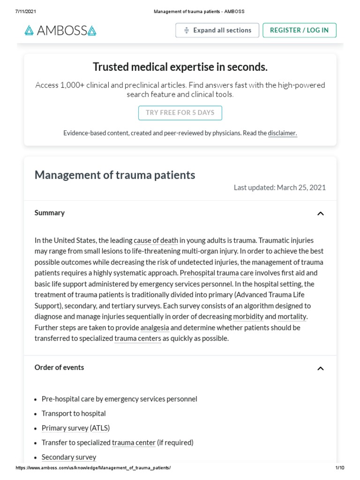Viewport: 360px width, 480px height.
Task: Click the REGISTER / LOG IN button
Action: coord(299,30)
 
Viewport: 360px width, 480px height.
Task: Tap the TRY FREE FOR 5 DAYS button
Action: coord(180,113)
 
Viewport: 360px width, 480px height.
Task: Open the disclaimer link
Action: coord(282,133)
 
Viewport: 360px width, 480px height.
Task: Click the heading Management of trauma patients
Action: coord(115,175)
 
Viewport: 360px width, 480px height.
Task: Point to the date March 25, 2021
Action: coord(301,187)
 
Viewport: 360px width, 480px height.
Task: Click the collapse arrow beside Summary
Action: coord(320,214)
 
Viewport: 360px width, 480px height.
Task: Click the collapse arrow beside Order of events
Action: coord(320,368)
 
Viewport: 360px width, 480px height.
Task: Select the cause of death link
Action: coord(156,240)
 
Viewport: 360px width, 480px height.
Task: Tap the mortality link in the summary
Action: coord(292,317)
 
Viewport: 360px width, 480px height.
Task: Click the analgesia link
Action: coord(155,328)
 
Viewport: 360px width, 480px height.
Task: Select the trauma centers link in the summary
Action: coord(138,338)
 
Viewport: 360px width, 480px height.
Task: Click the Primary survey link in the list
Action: coord(65,428)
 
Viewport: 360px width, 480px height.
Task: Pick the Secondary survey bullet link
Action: coord(69,457)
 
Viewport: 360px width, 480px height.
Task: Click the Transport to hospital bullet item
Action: coord(74,413)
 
